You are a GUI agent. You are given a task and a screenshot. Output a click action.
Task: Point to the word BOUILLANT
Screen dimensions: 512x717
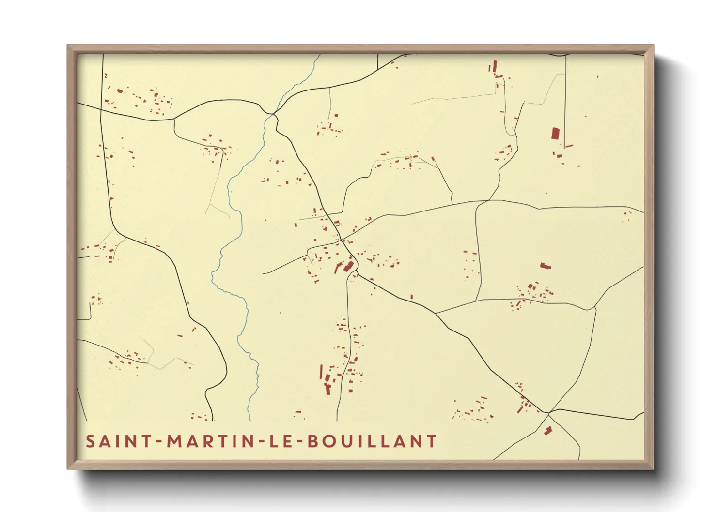click(373, 441)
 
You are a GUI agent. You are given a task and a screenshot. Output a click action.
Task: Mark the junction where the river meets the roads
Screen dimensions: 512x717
click(274, 114)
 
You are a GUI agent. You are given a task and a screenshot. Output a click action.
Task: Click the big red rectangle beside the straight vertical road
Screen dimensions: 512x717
click(555, 134)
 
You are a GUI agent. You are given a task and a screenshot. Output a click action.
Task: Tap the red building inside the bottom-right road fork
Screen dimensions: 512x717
click(548, 430)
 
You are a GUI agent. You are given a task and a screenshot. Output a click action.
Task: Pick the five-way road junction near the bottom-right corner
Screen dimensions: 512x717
click(549, 413)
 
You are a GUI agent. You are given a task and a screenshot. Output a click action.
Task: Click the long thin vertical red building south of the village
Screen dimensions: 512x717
click(321, 372)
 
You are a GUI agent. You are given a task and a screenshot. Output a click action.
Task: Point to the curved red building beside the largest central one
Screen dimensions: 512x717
click(339, 267)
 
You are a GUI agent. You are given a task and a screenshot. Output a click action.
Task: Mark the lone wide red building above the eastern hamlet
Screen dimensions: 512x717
click(546, 265)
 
